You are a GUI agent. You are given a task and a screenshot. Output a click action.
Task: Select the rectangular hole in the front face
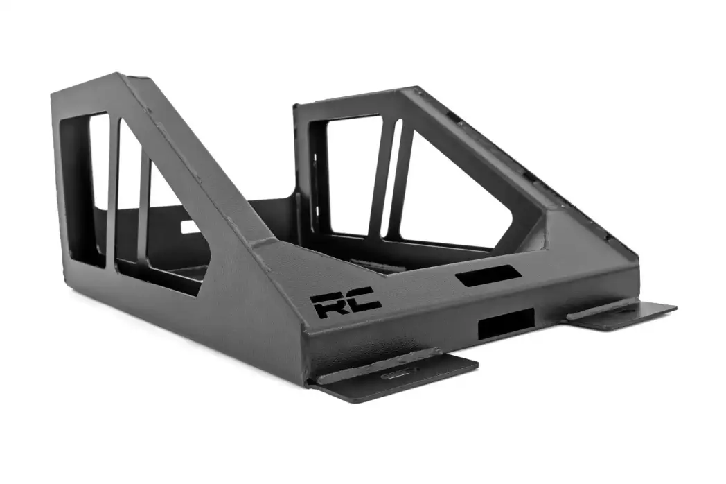(506, 324)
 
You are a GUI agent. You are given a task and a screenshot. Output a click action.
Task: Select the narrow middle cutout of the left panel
(130, 197)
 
